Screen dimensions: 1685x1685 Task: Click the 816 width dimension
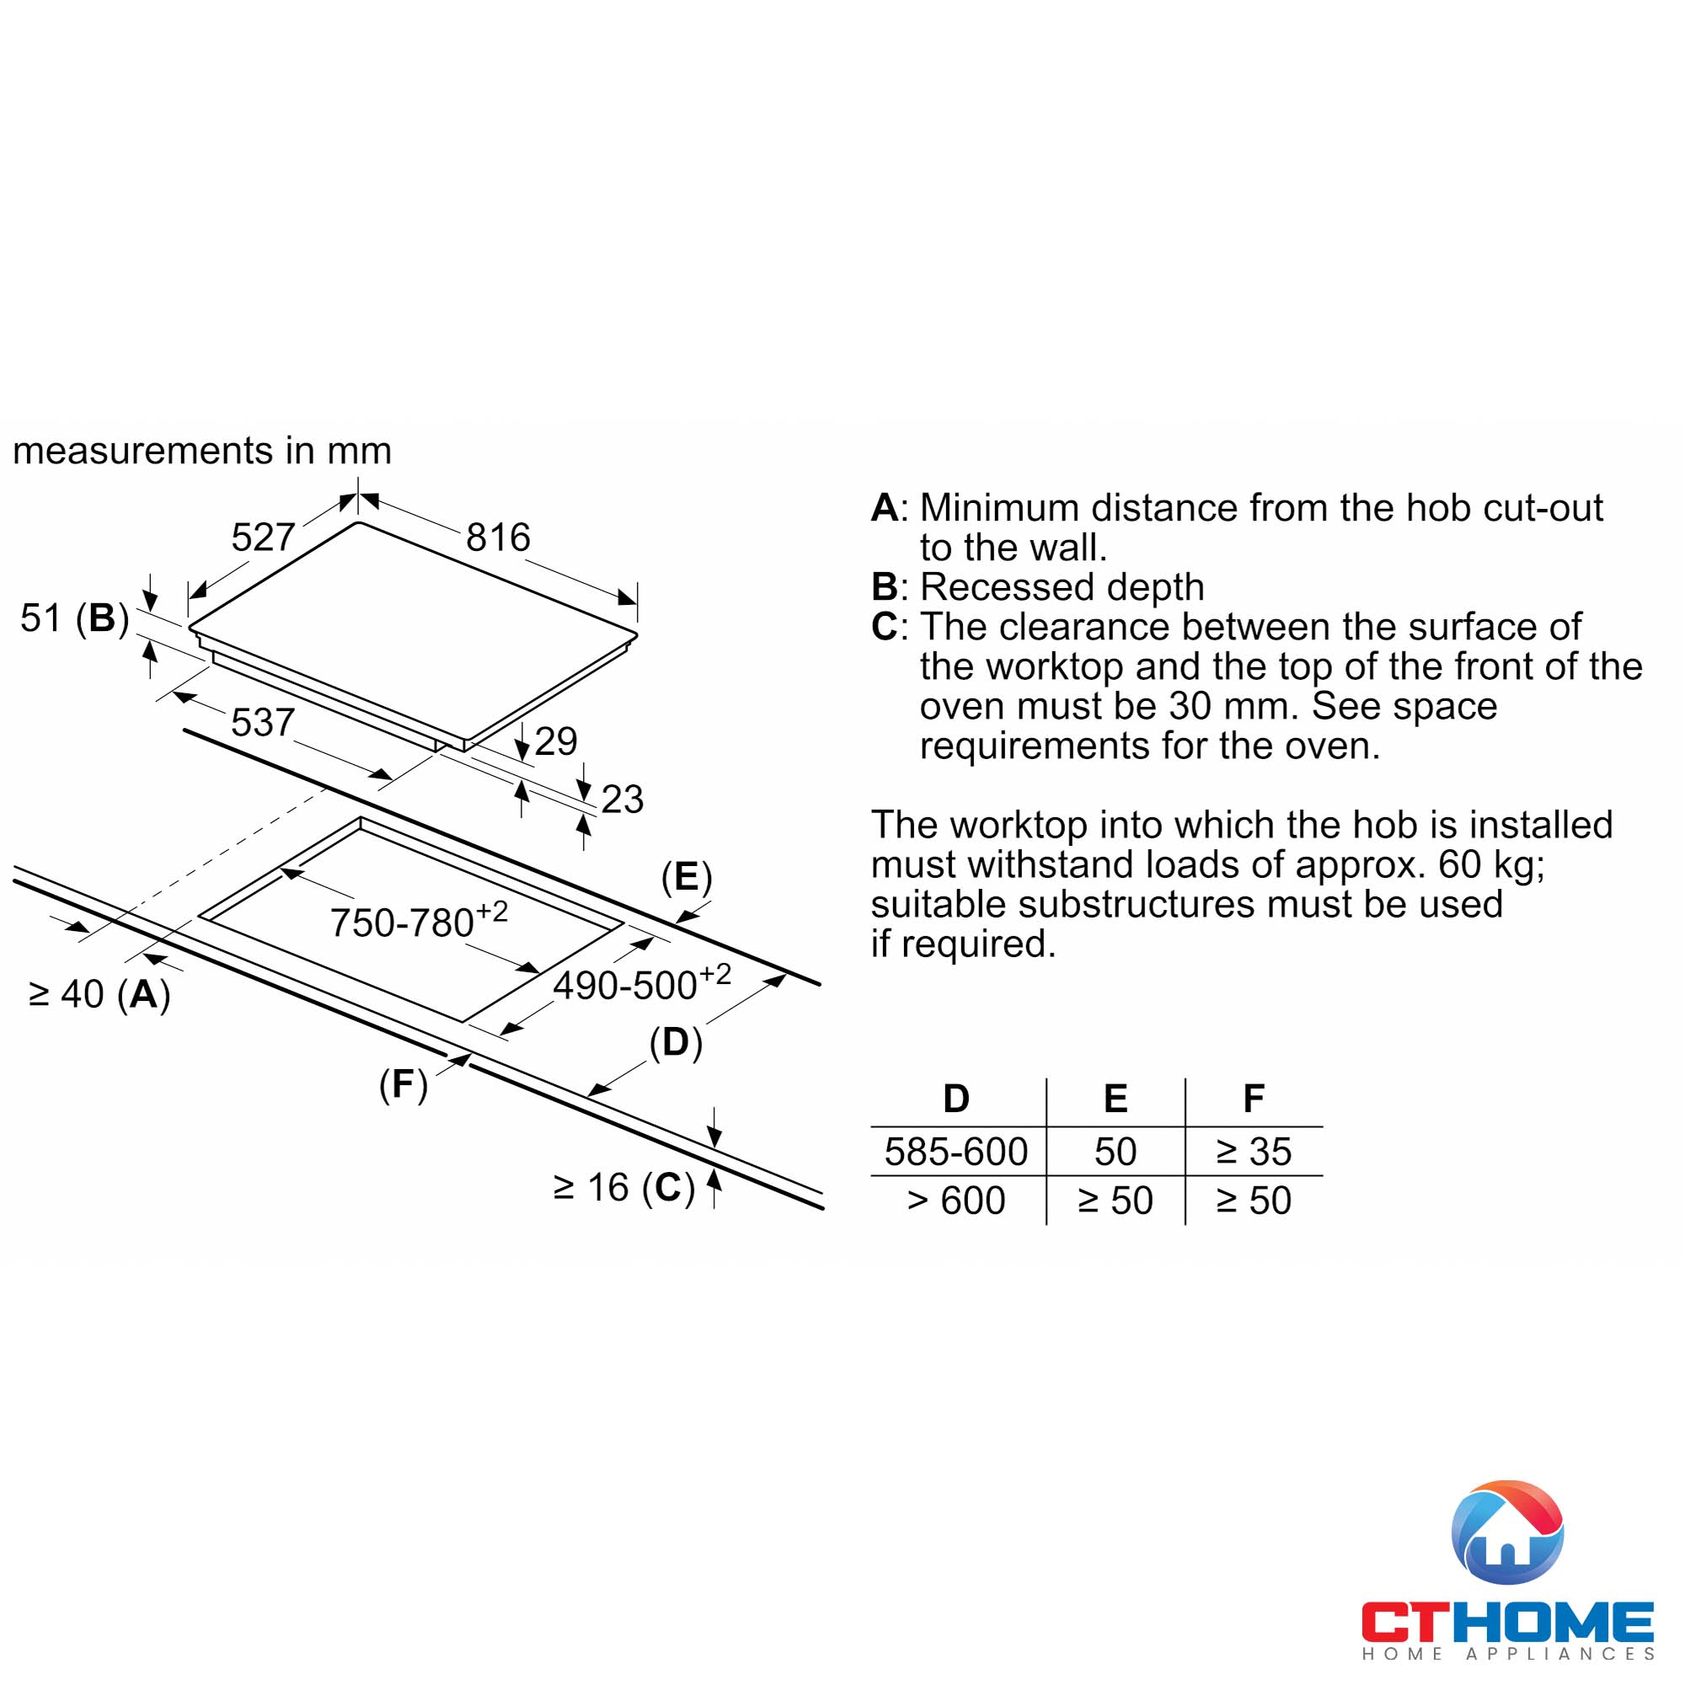[497, 538]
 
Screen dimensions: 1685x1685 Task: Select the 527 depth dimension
[263, 538]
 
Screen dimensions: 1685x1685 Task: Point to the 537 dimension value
[263, 722]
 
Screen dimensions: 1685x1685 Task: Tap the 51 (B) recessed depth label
[75, 618]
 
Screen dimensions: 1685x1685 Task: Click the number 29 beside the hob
[555, 741]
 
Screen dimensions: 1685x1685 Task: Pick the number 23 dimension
[622, 799]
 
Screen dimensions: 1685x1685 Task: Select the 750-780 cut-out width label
[418, 922]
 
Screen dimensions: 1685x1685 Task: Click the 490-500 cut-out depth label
[641, 984]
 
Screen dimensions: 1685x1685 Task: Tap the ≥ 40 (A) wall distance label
[99, 994]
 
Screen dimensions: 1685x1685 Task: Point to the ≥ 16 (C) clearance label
[623, 1188]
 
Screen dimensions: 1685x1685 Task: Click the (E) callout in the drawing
[687, 876]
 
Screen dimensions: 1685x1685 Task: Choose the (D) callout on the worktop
[675, 1042]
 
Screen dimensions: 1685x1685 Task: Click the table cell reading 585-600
[956, 1152]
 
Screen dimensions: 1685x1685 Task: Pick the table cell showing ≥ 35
[1254, 1152]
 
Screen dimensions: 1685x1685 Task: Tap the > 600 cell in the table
[956, 1201]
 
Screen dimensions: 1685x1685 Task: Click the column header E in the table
[1115, 1099]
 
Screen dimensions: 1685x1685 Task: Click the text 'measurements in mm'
[202, 451]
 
